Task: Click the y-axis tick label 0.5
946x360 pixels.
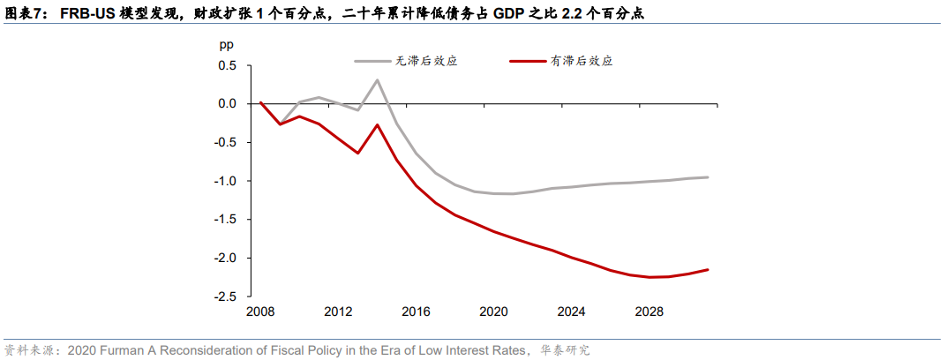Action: click(227, 65)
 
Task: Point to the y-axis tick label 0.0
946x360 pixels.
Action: click(227, 104)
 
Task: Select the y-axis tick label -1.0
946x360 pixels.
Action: click(225, 181)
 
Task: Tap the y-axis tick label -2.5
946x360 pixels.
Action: click(225, 296)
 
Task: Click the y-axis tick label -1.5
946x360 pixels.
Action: click(225, 220)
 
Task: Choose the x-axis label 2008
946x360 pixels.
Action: click(260, 311)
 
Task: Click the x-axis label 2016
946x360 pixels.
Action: click(416, 311)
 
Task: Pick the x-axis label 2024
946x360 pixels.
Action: click(572, 311)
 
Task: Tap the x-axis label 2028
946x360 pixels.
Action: click(649, 311)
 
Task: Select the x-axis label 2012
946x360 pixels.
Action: click(338, 311)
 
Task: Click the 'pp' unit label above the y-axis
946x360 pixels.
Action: click(227, 43)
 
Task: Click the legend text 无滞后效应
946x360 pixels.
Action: click(426, 62)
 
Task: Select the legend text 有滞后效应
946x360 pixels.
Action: click(582, 62)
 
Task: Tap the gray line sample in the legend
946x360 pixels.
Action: click(373, 62)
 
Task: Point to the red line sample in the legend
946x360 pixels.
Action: click(529, 62)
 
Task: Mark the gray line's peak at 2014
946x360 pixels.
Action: click(378, 80)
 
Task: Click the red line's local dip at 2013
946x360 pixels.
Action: click(358, 153)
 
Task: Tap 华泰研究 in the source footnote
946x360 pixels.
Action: click(565, 350)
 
